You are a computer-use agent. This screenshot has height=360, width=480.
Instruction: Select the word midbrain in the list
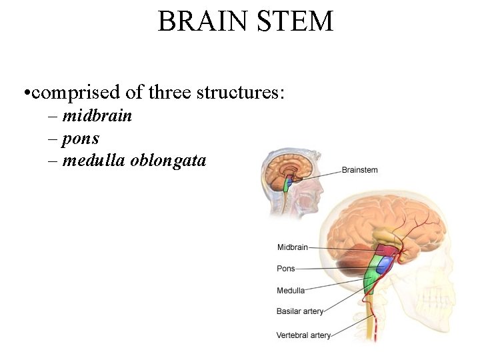(97, 116)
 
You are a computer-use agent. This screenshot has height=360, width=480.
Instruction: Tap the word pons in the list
(81, 139)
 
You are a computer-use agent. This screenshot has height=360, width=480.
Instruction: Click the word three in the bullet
(171, 92)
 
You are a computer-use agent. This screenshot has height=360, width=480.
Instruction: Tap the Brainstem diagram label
(359, 170)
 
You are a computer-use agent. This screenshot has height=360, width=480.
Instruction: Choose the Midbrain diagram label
(292, 247)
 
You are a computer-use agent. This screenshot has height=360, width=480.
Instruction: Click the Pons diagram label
(285, 269)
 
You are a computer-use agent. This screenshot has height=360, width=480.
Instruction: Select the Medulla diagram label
(291, 290)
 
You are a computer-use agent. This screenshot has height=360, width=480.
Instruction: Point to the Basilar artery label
(300, 311)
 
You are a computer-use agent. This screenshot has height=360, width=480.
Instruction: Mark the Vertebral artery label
(303, 335)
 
